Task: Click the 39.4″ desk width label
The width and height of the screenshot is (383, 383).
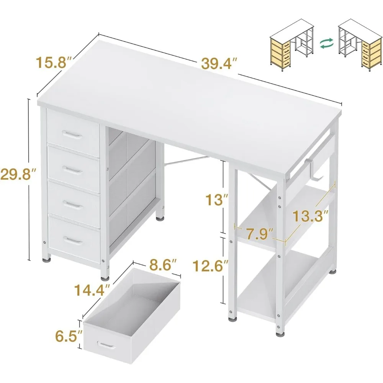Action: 220,64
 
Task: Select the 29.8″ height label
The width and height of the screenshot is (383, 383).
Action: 16,175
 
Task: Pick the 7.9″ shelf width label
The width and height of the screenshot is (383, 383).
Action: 260,232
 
